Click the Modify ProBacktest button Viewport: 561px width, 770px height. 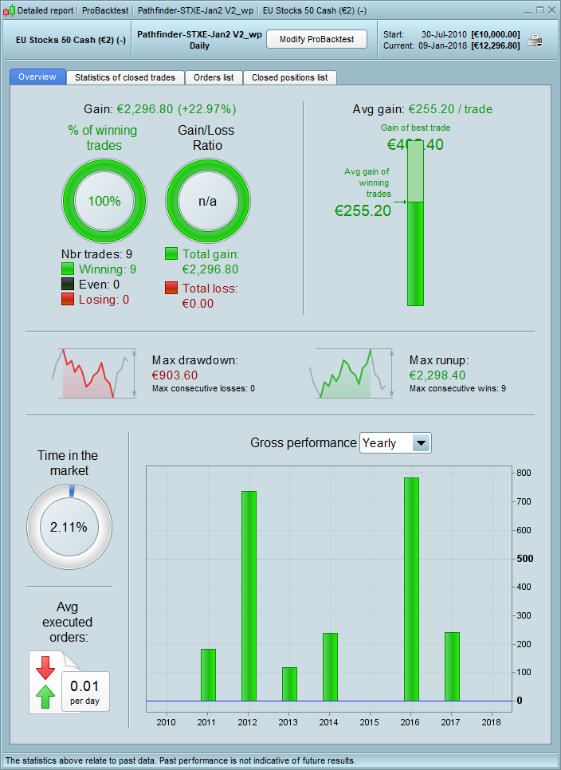316,39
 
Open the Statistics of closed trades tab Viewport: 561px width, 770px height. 125,77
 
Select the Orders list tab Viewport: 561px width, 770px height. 214,77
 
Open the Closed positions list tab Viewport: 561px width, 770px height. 289,77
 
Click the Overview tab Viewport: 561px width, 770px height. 37,77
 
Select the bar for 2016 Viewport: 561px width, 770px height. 411,589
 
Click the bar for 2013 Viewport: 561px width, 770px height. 289,684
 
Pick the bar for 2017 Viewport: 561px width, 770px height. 452,666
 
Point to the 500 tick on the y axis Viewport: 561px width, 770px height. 524,559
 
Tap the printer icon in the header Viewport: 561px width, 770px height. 535,41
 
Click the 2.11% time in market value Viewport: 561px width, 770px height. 69,527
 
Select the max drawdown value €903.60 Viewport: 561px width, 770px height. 175,375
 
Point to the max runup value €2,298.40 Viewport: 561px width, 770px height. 437,375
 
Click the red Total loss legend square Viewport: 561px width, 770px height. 171,288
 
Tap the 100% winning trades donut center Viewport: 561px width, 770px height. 104,201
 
